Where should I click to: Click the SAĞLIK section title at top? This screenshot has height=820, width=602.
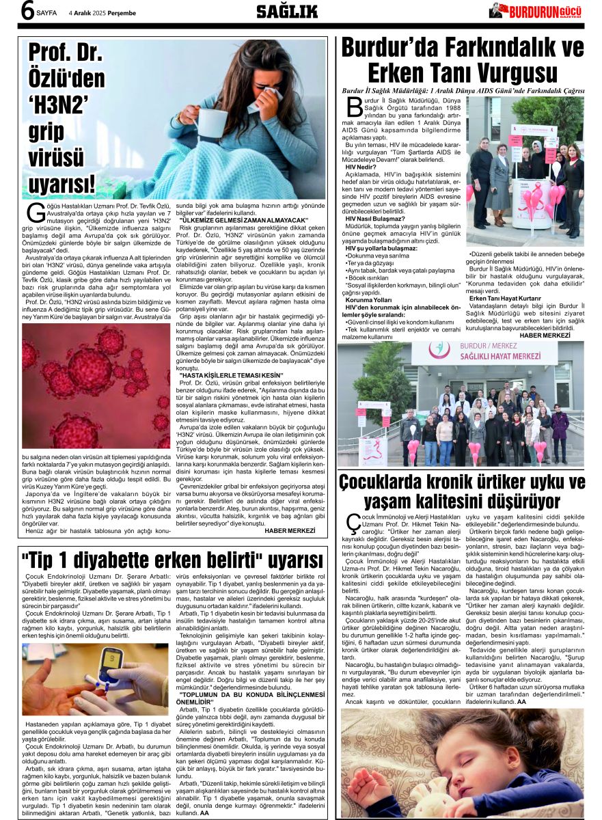[287, 11]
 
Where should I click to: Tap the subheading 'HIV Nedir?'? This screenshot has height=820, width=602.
[360, 167]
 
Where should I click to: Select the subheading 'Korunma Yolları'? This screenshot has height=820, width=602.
[369, 300]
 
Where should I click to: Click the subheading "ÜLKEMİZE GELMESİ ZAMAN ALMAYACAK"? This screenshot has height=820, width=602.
[243, 220]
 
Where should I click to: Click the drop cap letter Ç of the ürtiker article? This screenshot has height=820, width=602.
[352, 523]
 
